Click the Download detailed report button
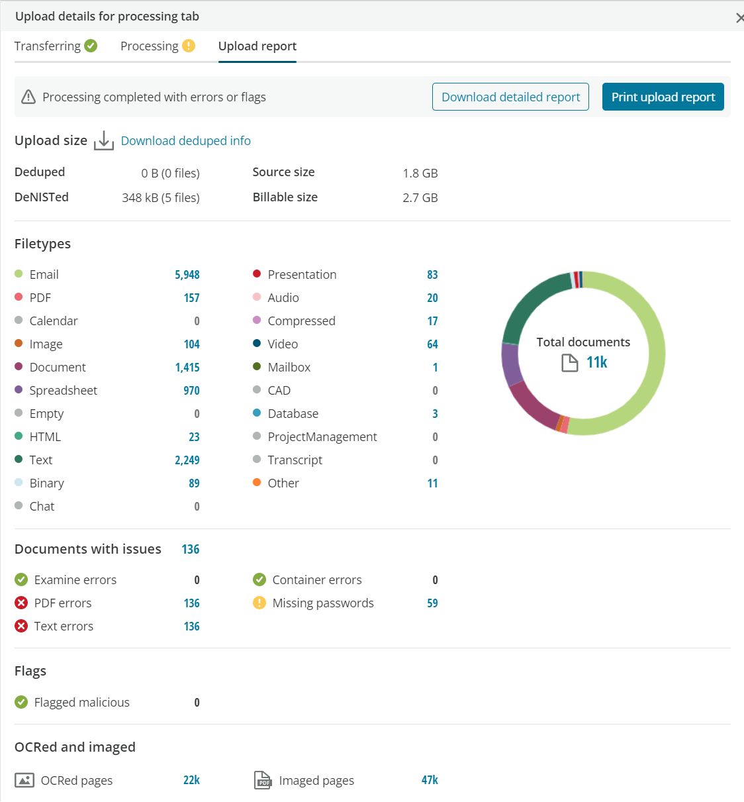510,97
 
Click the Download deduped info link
185,140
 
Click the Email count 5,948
187,274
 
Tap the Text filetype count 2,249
187,460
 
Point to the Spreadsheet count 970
191,390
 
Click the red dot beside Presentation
257,274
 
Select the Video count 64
432,344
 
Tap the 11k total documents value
596,362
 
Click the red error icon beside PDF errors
21,603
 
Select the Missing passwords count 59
432,603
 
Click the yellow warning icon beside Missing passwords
259,603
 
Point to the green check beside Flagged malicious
21,702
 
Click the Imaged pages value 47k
430,780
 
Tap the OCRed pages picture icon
24,780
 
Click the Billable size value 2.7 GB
420,197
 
